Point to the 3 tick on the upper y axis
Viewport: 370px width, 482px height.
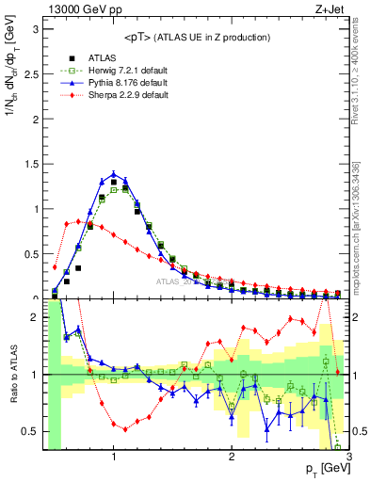coord(36,29)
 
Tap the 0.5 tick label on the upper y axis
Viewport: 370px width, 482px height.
coord(31,254)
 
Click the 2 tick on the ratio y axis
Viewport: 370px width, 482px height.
coord(36,318)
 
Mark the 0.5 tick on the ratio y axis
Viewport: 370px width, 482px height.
coord(31,431)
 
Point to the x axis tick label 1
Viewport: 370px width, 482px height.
coord(114,458)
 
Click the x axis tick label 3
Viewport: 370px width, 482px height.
coord(349,458)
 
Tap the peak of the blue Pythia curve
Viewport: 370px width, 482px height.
coord(114,174)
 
